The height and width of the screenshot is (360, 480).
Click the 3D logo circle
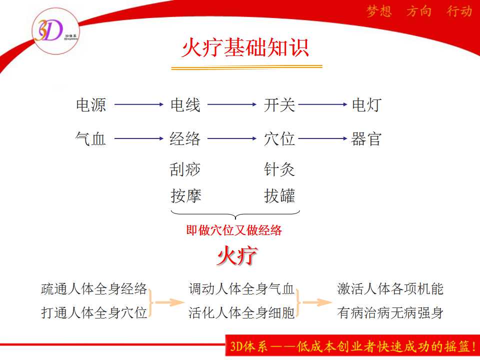pos(55,31)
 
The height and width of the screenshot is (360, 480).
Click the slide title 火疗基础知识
pos(245,48)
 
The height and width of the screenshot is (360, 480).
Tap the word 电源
pos(91,104)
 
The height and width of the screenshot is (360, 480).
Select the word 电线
pos(185,104)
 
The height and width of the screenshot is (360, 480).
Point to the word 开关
pos(279,104)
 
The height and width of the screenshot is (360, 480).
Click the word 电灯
pos(366,104)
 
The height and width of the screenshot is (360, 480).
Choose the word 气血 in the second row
pos(90,138)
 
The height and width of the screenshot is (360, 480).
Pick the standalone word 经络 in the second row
pos(185,138)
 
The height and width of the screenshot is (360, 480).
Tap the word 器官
pos(366,138)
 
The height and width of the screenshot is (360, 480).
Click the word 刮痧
pos(185,169)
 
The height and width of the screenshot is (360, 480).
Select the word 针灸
pos(279,169)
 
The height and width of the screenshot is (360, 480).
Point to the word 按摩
pos(186,196)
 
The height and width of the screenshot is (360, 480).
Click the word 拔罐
pos(279,196)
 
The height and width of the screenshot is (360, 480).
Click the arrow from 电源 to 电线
pos(139,104)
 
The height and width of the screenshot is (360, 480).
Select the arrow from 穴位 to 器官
pos(322,138)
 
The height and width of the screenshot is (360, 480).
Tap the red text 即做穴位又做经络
pos(234,230)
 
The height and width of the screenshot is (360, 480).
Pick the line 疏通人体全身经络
pos(94,288)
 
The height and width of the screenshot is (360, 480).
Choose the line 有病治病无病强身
pos(390,313)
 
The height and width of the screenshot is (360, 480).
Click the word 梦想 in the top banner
pos(379,11)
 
